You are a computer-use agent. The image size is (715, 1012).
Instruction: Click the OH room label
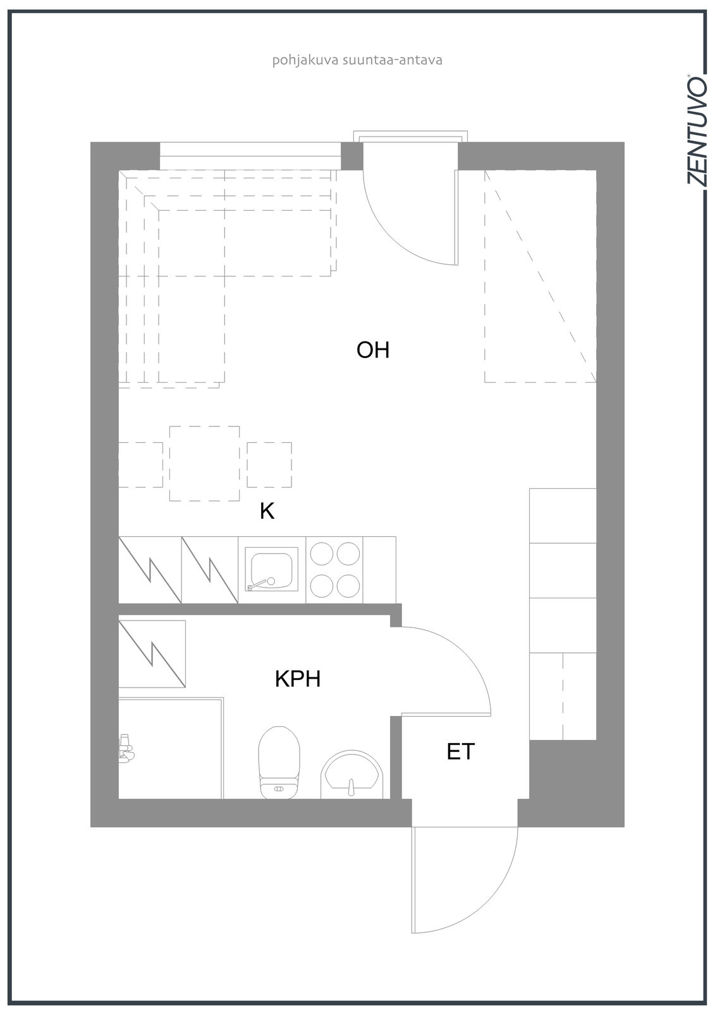[x=372, y=350]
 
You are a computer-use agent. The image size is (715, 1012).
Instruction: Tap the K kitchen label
[x=267, y=512]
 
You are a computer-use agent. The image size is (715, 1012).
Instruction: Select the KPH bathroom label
[x=298, y=679]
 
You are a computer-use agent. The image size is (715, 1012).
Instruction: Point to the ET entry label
[x=460, y=752]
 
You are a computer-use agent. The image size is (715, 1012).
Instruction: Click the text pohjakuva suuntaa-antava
[x=357, y=61]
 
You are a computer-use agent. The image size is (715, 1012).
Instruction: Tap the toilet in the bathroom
[x=279, y=762]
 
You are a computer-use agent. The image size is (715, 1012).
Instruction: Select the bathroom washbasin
[x=352, y=774]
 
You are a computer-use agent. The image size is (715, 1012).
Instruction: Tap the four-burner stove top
[x=334, y=570]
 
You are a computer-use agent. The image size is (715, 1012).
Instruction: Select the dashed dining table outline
[x=205, y=464]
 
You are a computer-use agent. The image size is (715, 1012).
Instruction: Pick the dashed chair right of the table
[x=269, y=464]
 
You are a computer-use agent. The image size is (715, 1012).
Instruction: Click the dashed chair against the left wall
[x=140, y=464]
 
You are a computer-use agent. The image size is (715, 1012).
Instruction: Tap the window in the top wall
[x=250, y=156]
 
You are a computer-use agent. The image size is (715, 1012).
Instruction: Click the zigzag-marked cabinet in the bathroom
[x=152, y=654]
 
